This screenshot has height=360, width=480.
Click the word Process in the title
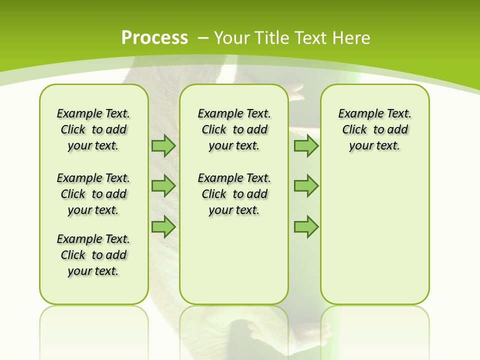[154, 37]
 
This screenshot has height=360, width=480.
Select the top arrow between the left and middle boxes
[163, 145]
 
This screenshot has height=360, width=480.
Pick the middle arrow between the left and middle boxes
[163, 186]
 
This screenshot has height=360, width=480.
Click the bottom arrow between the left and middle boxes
[163, 226]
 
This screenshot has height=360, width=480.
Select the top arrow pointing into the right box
[306, 145]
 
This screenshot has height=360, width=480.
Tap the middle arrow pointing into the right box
[306, 186]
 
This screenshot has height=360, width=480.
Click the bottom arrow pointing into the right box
[306, 226]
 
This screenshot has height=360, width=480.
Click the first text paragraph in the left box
[93, 129]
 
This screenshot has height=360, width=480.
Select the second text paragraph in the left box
[93, 194]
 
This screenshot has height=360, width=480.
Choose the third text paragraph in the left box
[93, 255]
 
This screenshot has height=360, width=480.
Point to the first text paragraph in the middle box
[234, 129]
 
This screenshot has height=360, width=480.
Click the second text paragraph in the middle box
[234, 194]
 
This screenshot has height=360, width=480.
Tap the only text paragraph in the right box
[374, 129]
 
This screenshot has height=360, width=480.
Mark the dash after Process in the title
[203, 37]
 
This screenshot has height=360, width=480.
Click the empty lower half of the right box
[374, 240]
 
